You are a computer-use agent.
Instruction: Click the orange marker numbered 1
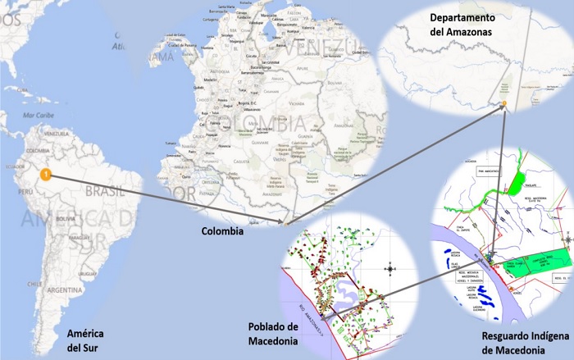(47, 174)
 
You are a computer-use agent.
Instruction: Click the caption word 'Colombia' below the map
(223, 232)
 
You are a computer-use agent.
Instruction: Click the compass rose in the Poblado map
(391, 267)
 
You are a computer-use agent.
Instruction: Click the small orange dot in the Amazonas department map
(505, 103)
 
